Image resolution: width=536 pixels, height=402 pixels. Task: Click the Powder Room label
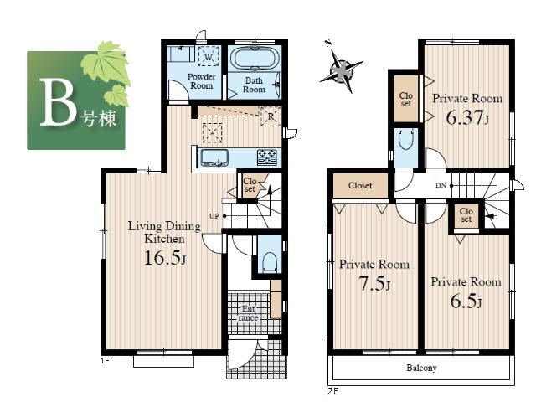click(x=202, y=81)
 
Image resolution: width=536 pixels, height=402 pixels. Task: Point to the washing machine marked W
click(x=209, y=56)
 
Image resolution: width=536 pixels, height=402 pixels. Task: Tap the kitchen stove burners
click(x=266, y=157)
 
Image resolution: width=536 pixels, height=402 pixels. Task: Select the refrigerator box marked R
click(x=270, y=116)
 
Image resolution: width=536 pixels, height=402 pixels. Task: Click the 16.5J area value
click(x=164, y=258)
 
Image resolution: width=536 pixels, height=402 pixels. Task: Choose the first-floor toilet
click(x=269, y=261)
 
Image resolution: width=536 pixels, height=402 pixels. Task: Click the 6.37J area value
click(x=467, y=116)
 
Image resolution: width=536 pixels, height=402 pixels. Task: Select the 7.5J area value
click(x=374, y=283)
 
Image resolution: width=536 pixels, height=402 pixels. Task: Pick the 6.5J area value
click(x=466, y=301)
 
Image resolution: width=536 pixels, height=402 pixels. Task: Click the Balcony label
click(x=422, y=367)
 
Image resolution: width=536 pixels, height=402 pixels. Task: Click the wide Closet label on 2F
click(x=360, y=185)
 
